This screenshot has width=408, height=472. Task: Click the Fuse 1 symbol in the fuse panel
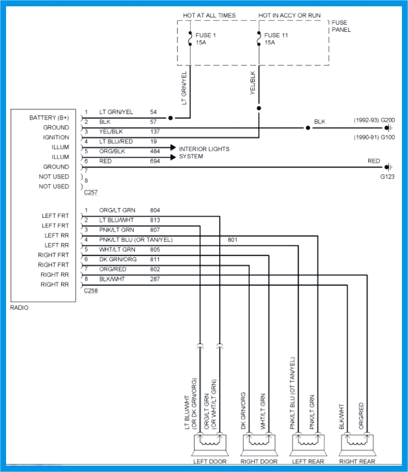pos(190,39)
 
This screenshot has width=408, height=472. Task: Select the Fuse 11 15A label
pos(276,39)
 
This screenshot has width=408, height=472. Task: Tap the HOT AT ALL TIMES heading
pos(209,15)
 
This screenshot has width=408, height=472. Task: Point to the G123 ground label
pos(387,177)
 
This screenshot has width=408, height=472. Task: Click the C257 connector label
pos(91,192)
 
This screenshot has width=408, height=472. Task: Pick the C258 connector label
pos(91,291)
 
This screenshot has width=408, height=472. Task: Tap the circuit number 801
pos(232,240)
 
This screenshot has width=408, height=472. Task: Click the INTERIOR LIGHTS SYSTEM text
pos(204,153)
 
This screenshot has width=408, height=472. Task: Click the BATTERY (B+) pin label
pos(49,118)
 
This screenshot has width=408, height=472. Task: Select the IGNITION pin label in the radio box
pos(56,137)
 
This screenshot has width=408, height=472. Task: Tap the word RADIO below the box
pos(19,308)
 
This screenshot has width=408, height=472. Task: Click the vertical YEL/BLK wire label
pos(253,83)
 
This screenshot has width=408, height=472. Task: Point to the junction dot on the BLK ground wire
pos(308,128)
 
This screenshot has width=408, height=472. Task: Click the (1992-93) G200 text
pos(374,120)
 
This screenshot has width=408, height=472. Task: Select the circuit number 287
pos(155,279)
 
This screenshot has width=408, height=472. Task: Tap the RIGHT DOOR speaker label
pos(259,461)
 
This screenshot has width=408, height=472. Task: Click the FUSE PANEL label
pos(341,26)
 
